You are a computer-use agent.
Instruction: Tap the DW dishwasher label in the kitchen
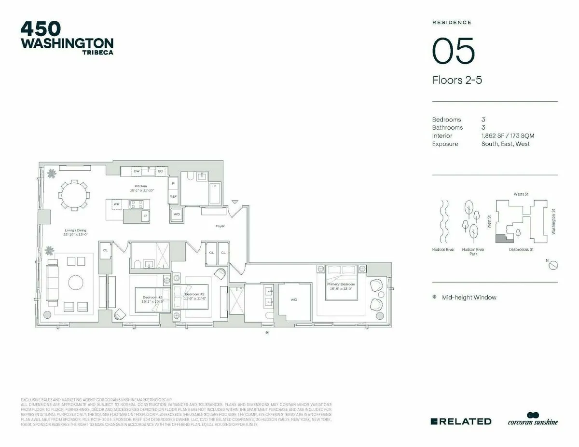click(x=137, y=171)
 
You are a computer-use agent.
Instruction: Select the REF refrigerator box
click(x=173, y=197)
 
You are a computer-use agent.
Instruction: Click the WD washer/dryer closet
click(x=177, y=214)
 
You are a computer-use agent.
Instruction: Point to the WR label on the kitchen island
click(x=116, y=204)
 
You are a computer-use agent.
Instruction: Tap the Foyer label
click(x=220, y=226)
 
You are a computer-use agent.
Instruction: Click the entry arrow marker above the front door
click(x=234, y=202)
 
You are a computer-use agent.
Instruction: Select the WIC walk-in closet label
click(x=293, y=299)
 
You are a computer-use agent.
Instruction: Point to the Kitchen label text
click(x=140, y=186)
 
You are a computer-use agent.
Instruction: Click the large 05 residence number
click(x=453, y=51)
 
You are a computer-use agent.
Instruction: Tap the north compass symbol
click(x=553, y=265)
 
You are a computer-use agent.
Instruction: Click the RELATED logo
click(x=460, y=421)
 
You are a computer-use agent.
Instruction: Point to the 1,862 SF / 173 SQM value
click(x=507, y=136)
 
